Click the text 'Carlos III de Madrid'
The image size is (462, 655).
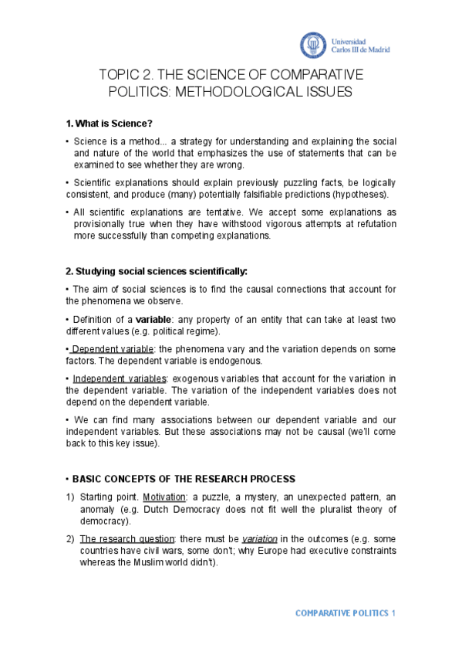(x=360, y=49)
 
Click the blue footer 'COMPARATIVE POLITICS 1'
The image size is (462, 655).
(x=345, y=613)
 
